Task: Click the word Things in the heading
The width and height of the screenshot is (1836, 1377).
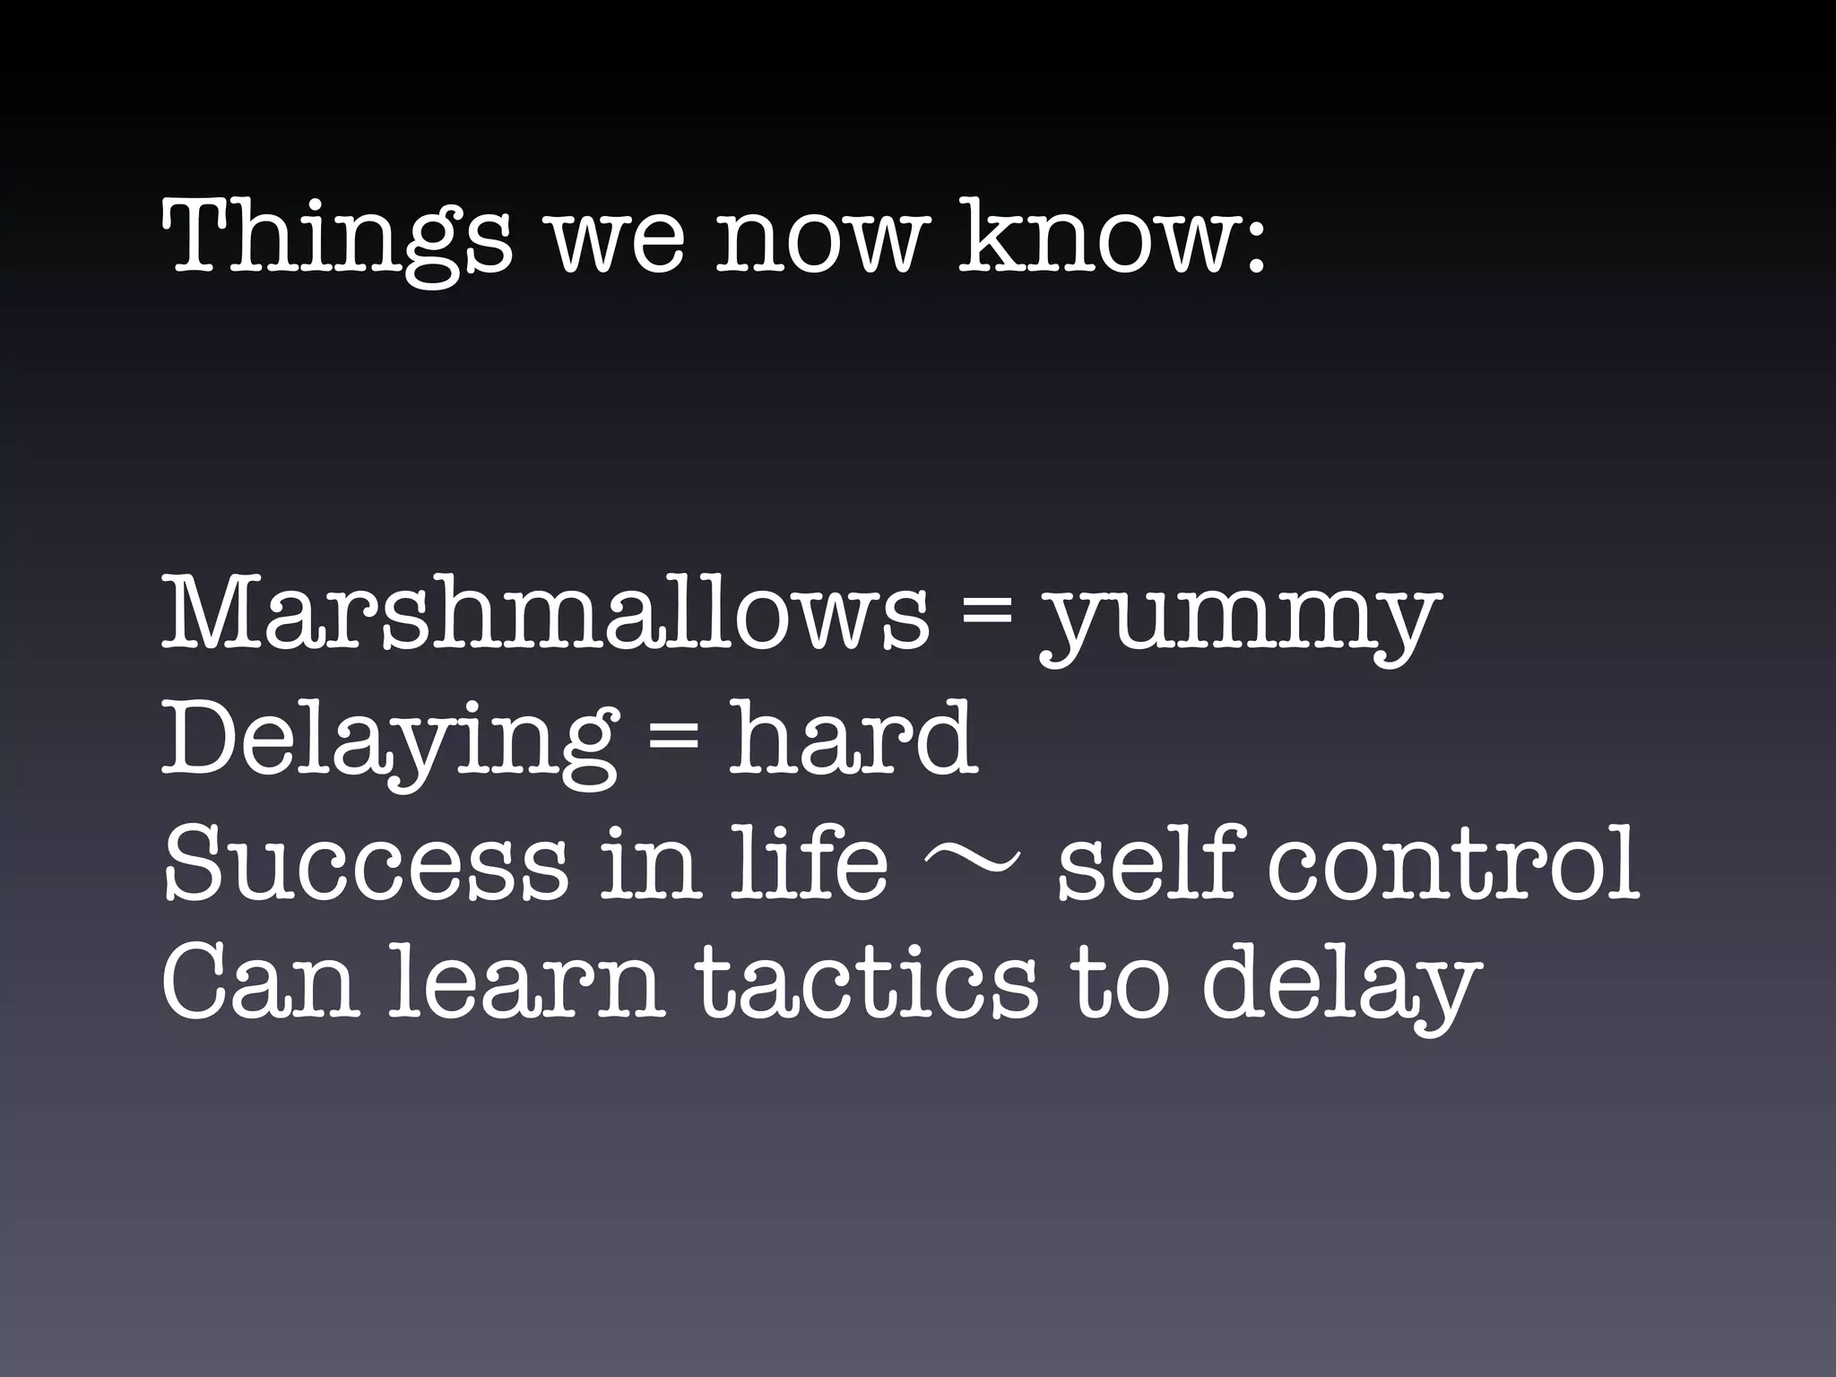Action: [x=336, y=238]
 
